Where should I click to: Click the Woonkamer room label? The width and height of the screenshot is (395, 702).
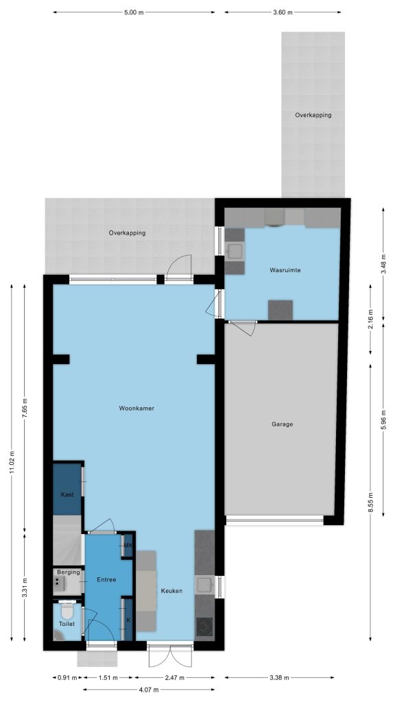click(x=136, y=409)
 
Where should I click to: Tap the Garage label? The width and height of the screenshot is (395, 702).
click(x=282, y=424)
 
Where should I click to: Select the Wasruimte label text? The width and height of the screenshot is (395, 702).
click(x=285, y=270)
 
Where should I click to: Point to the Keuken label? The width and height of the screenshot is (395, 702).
click(x=171, y=590)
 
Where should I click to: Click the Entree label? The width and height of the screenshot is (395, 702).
click(x=106, y=579)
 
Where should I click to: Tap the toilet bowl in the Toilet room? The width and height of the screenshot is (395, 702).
click(x=67, y=609)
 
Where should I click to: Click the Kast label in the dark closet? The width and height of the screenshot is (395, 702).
click(x=67, y=495)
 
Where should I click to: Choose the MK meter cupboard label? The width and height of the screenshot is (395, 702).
click(x=128, y=545)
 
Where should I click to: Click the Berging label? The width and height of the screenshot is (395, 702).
click(x=68, y=572)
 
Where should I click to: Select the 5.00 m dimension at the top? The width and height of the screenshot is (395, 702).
click(x=134, y=12)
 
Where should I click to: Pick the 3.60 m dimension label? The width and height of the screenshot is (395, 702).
click(x=283, y=12)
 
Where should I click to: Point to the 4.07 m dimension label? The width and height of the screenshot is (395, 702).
click(x=149, y=690)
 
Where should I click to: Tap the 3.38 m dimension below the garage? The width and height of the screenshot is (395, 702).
click(x=279, y=677)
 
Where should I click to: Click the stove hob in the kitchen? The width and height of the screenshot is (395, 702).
click(x=205, y=625)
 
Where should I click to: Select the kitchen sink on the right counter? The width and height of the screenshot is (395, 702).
click(x=205, y=585)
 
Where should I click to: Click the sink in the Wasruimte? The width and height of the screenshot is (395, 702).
click(x=235, y=251)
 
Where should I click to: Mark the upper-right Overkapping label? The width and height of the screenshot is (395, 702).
click(x=313, y=115)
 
